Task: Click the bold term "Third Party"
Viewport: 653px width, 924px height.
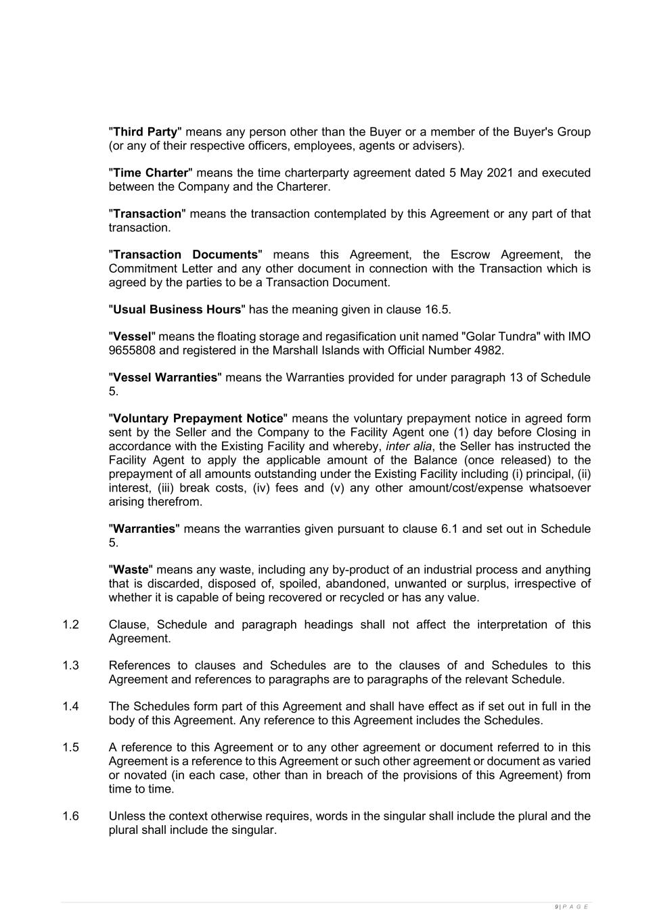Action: coord(145,132)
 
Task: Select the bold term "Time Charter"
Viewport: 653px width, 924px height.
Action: coord(150,173)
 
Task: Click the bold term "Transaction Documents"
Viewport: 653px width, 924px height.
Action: coord(185,255)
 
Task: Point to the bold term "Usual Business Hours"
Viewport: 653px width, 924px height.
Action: coord(177,309)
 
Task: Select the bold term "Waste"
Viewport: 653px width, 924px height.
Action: coord(131,570)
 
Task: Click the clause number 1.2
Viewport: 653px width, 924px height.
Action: coord(70,625)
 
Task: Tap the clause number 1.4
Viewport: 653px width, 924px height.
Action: coord(70,707)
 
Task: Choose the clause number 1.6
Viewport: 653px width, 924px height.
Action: coord(70,816)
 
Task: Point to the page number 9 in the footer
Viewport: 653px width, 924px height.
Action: coord(556,907)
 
